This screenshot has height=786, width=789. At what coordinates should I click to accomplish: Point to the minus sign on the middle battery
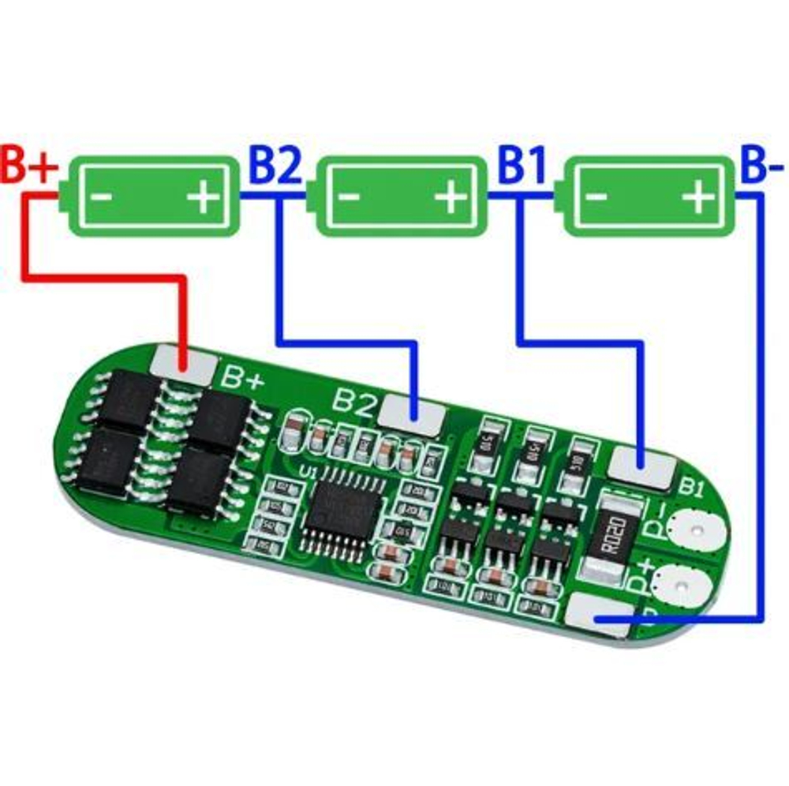pos(351,197)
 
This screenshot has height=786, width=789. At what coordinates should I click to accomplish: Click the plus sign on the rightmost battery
pos(697,196)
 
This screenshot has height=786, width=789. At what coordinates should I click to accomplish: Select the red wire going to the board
pos(103,276)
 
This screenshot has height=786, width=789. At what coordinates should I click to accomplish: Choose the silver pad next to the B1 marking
pos(643,466)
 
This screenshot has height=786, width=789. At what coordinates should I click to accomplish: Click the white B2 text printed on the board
pos(353,402)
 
